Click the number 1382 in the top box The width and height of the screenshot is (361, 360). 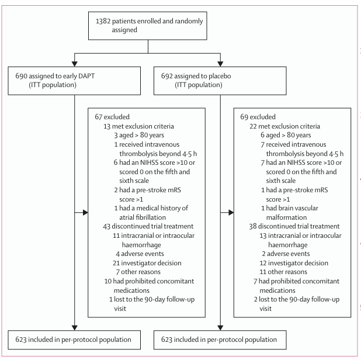[103, 21]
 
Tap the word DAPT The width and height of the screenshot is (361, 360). [86, 76]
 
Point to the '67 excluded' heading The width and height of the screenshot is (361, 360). [112, 117]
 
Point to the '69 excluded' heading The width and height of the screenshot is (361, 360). [258, 117]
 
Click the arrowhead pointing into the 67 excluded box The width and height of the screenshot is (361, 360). [85, 213]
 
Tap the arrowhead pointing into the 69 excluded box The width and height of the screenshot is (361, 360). [231, 213]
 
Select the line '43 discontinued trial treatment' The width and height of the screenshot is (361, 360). [148, 226]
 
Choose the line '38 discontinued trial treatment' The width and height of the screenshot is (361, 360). [294, 226]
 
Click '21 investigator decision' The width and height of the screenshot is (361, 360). [147, 263]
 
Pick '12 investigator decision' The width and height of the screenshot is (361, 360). [294, 263]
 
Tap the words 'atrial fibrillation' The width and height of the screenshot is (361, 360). [143, 217]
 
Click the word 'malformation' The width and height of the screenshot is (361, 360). [286, 217]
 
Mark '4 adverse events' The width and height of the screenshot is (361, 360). [140, 254]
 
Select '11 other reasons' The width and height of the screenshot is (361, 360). [283, 272]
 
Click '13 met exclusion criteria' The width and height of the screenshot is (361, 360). [138, 126]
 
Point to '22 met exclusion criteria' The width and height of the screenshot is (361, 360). [285, 126]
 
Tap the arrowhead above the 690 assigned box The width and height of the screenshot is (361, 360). [74, 64]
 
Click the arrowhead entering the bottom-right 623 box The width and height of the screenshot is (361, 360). [220, 328]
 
